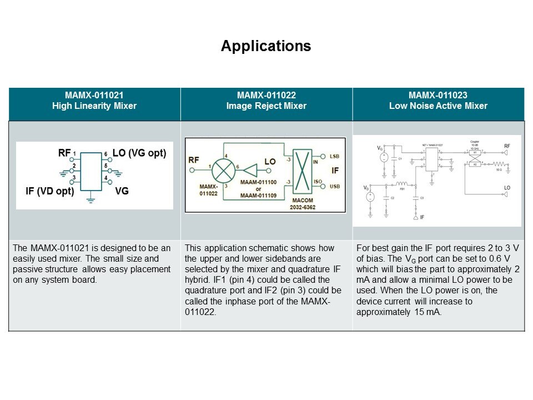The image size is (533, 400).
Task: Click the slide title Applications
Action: pos(266,46)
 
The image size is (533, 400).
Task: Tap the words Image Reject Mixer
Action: pos(266,106)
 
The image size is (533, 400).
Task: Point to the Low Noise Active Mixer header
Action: pos(438,106)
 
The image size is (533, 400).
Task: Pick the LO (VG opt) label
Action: pos(139,153)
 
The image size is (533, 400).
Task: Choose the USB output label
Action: pos(335,186)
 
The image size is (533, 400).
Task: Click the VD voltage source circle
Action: pos(371,196)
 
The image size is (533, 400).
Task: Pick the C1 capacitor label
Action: pos(399,159)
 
